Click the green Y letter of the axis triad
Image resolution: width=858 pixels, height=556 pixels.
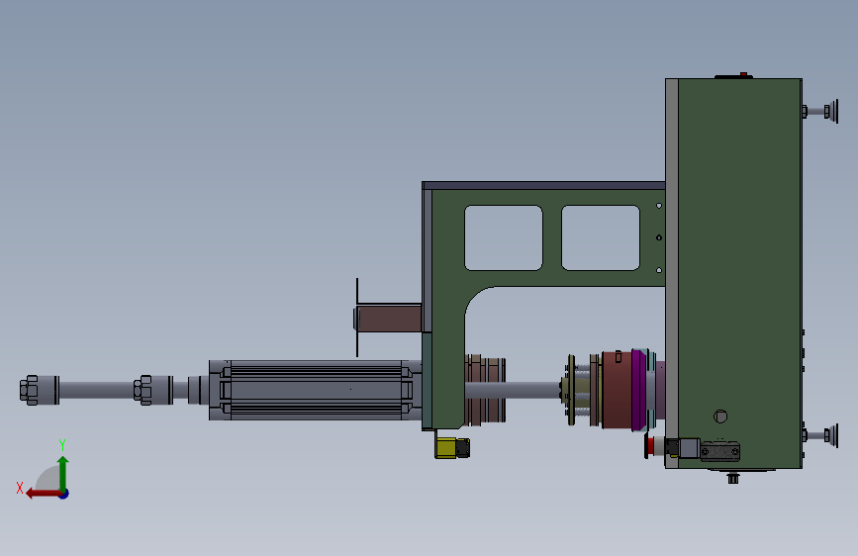(62, 445)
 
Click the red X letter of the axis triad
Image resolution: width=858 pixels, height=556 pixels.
(20, 488)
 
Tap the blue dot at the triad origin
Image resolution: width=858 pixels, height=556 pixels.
(64, 494)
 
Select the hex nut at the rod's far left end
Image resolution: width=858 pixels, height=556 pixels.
(29, 390)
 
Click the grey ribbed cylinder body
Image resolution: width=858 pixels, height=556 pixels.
(316, 390)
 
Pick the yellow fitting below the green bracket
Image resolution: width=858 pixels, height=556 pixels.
(452, 448)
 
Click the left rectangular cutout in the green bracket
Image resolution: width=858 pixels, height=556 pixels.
(504, 238)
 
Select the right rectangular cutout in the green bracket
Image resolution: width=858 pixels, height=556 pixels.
(601, 238)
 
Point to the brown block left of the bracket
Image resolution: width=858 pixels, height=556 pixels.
(389, 319)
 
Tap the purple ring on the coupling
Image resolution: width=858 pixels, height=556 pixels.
(638, 390)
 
